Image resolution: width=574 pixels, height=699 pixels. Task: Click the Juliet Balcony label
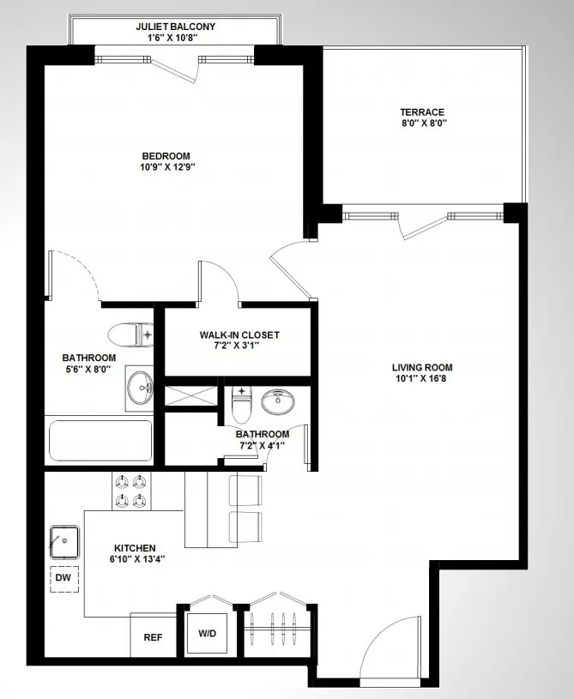[x=175, y=27]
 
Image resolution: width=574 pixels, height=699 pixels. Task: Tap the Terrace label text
[x=422, y=111]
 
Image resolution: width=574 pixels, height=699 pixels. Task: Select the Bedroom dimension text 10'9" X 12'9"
[x=166, y=167]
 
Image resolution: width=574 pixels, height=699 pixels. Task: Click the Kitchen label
[x=135, y=547]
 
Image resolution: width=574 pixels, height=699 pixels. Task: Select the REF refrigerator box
[x=153, y=637]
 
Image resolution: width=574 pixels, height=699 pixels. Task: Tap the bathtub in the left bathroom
[x=100, y=440]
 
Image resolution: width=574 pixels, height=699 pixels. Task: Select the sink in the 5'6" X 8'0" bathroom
[x=138, y=388]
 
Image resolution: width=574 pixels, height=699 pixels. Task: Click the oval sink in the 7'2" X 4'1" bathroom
[x=276, y=401]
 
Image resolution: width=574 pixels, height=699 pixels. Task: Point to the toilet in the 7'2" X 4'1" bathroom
[x=241, y=405]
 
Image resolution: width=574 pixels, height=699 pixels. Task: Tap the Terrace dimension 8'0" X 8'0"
[x=422, y=124]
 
